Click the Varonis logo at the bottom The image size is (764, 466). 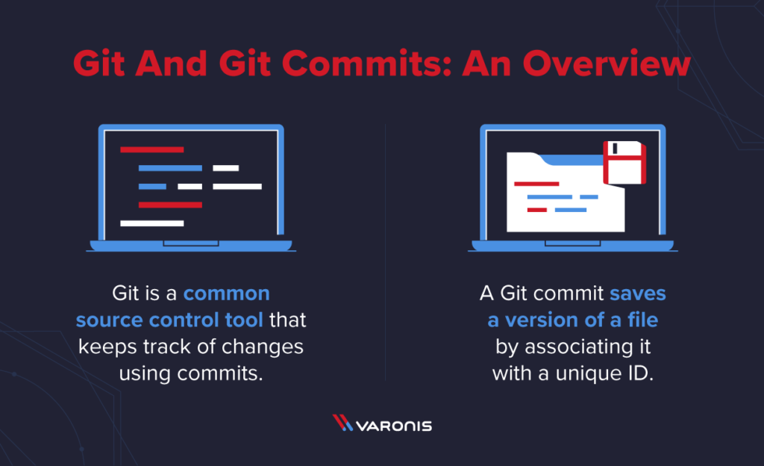382,426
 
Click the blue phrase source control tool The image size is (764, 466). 169,320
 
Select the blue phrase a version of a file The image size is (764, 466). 573,320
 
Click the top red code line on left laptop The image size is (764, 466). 151,149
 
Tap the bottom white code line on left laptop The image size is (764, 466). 151,223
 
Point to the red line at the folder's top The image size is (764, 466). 536,183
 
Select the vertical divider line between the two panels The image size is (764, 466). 385,254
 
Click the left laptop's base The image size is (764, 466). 193,245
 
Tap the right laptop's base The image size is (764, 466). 573,245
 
